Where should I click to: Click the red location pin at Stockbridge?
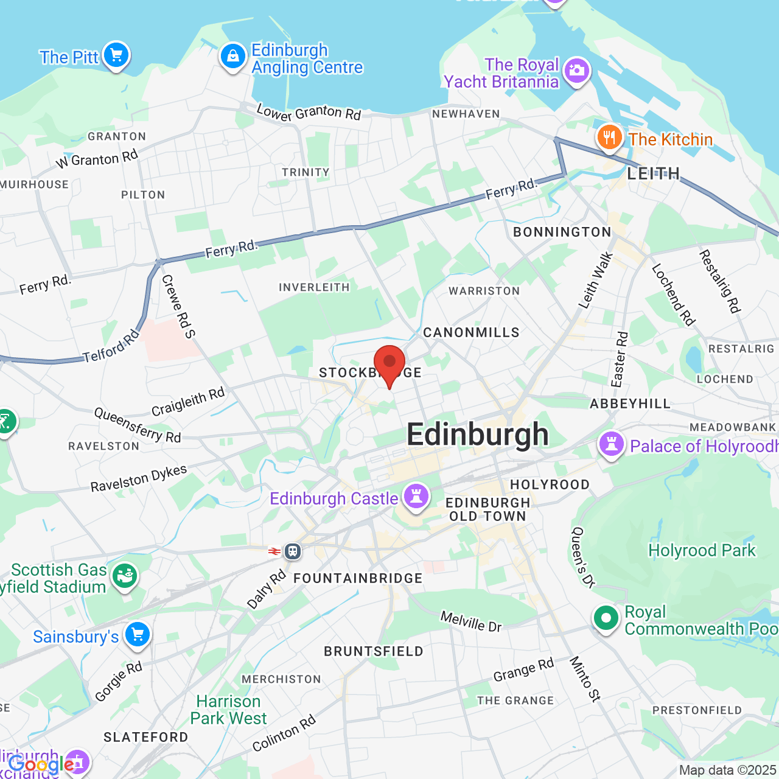tap(389, 363)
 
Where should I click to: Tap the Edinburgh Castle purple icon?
tap(416, 497)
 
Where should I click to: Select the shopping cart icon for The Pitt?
tap(116, 55)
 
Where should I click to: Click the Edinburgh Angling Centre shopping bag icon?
tap(232, 57)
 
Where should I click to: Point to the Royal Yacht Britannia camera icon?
tap(576, 71)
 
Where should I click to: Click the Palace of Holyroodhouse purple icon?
tap(612, 444)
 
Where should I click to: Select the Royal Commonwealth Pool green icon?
tap(606, 618)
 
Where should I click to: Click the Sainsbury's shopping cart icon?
tap(138, 635)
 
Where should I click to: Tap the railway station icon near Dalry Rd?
tap(293, 551)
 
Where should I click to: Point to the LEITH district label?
tap(654, 174)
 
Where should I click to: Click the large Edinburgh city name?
tap(478, 435)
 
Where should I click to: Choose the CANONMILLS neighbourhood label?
tap(472, 332)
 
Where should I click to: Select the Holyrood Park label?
tap(702, 551)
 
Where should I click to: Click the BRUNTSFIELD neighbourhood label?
tap(374, 651)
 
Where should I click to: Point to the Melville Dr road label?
tap(471, 621)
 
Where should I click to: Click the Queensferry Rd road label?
tap(138, 425)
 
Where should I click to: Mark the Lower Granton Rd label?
tap(309, 113)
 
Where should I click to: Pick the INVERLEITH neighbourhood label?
tap(314, 287)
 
